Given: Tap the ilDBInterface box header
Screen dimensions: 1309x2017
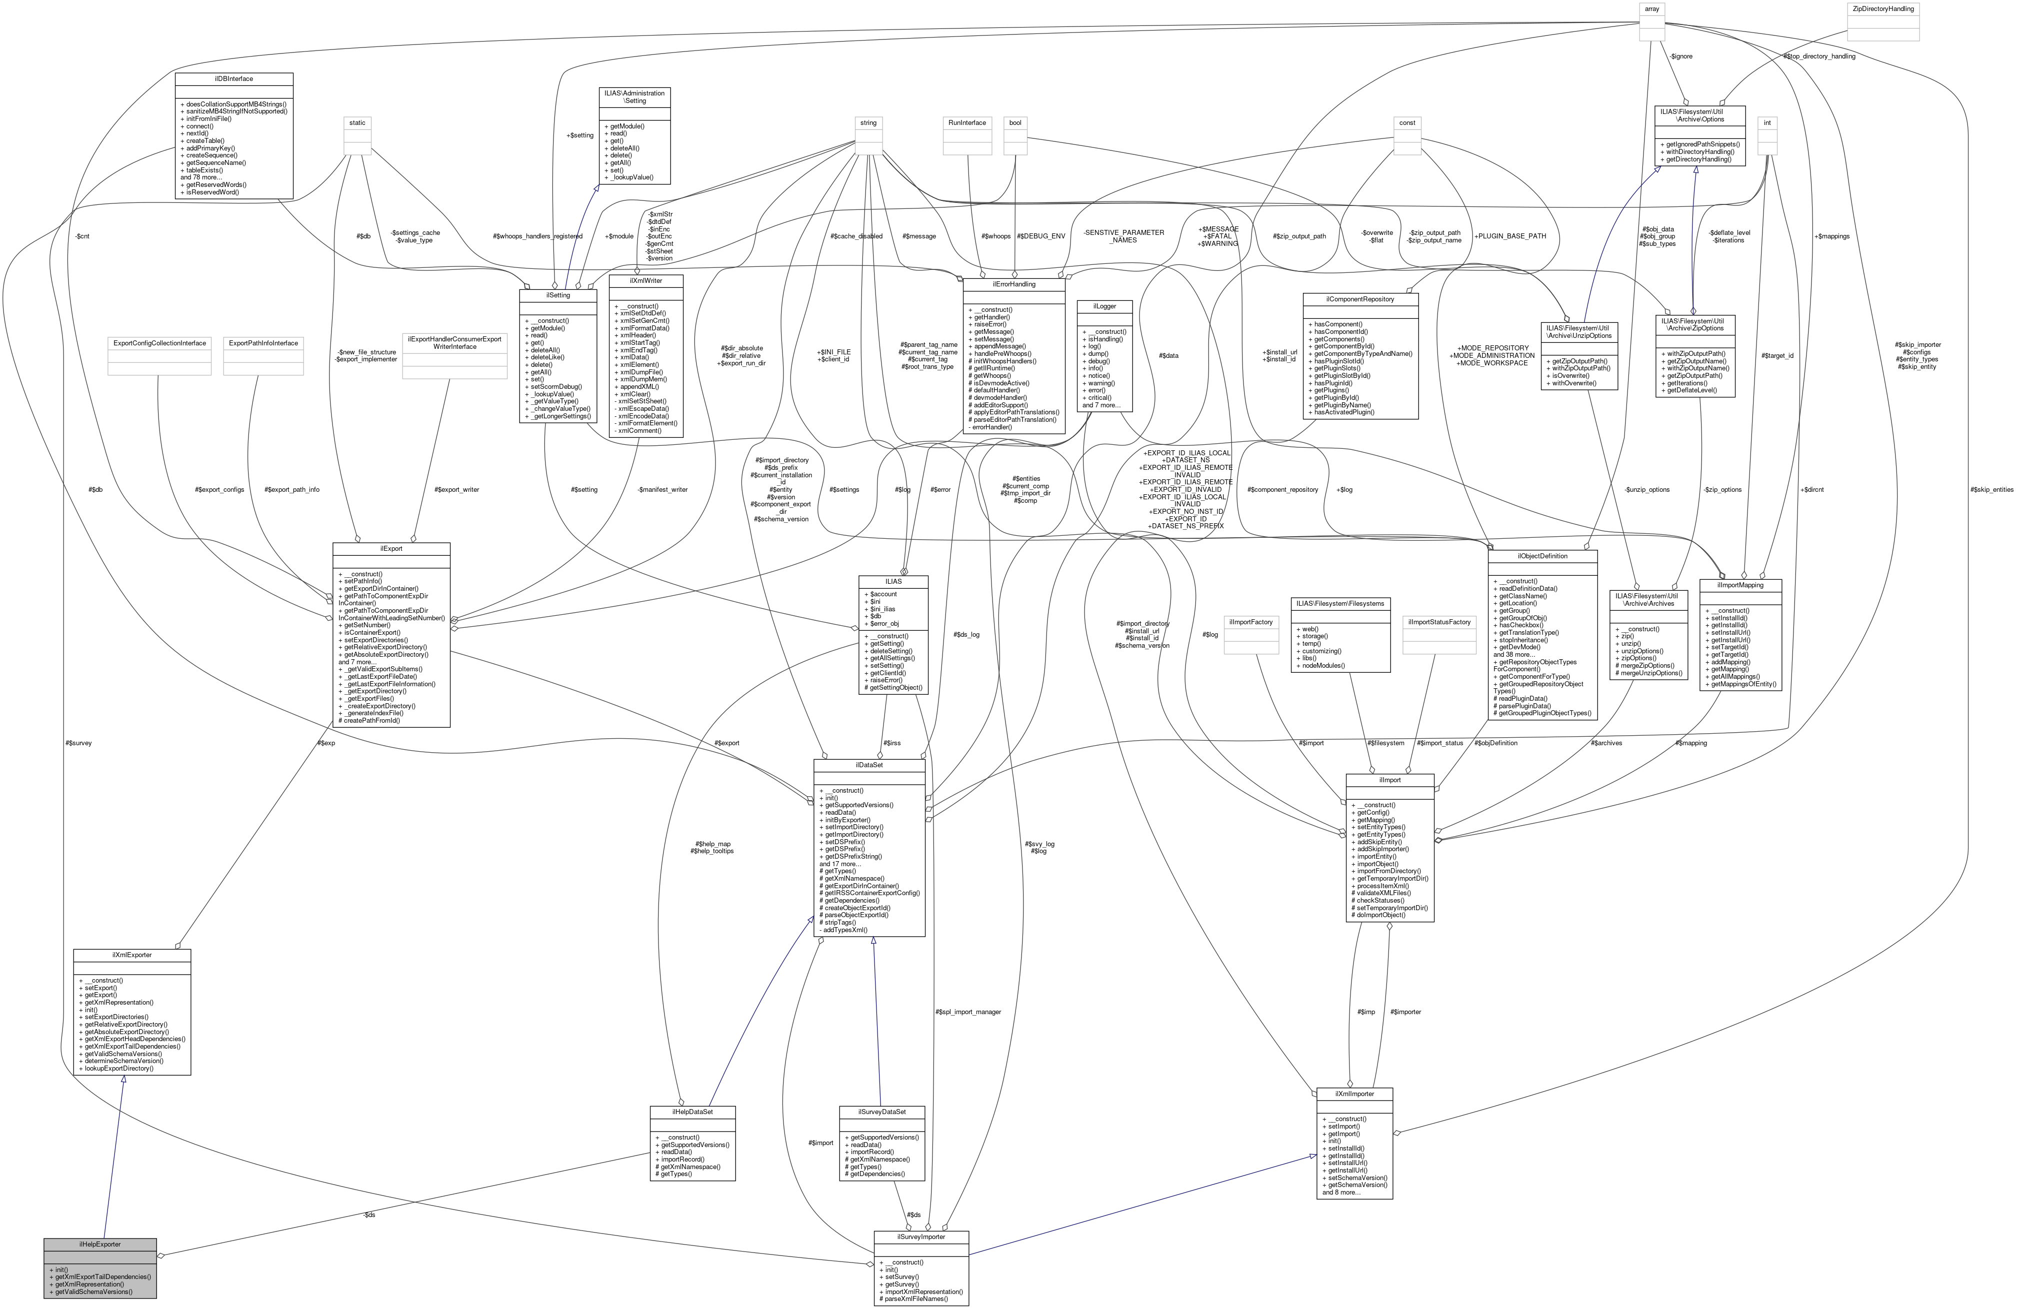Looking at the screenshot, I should [x=234, y=79].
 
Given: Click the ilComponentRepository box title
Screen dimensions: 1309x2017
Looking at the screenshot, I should [x=1359, y=299].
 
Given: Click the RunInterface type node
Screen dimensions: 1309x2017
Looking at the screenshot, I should [x=967, y=123].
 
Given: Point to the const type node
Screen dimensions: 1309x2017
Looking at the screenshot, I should [x=1407, y=123].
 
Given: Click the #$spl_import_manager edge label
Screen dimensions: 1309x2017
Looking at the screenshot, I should [x=968, y=1012].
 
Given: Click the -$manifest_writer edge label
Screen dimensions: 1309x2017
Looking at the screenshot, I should [x=662, y=490].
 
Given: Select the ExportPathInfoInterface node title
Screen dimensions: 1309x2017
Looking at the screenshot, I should [x=262, y=343].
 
